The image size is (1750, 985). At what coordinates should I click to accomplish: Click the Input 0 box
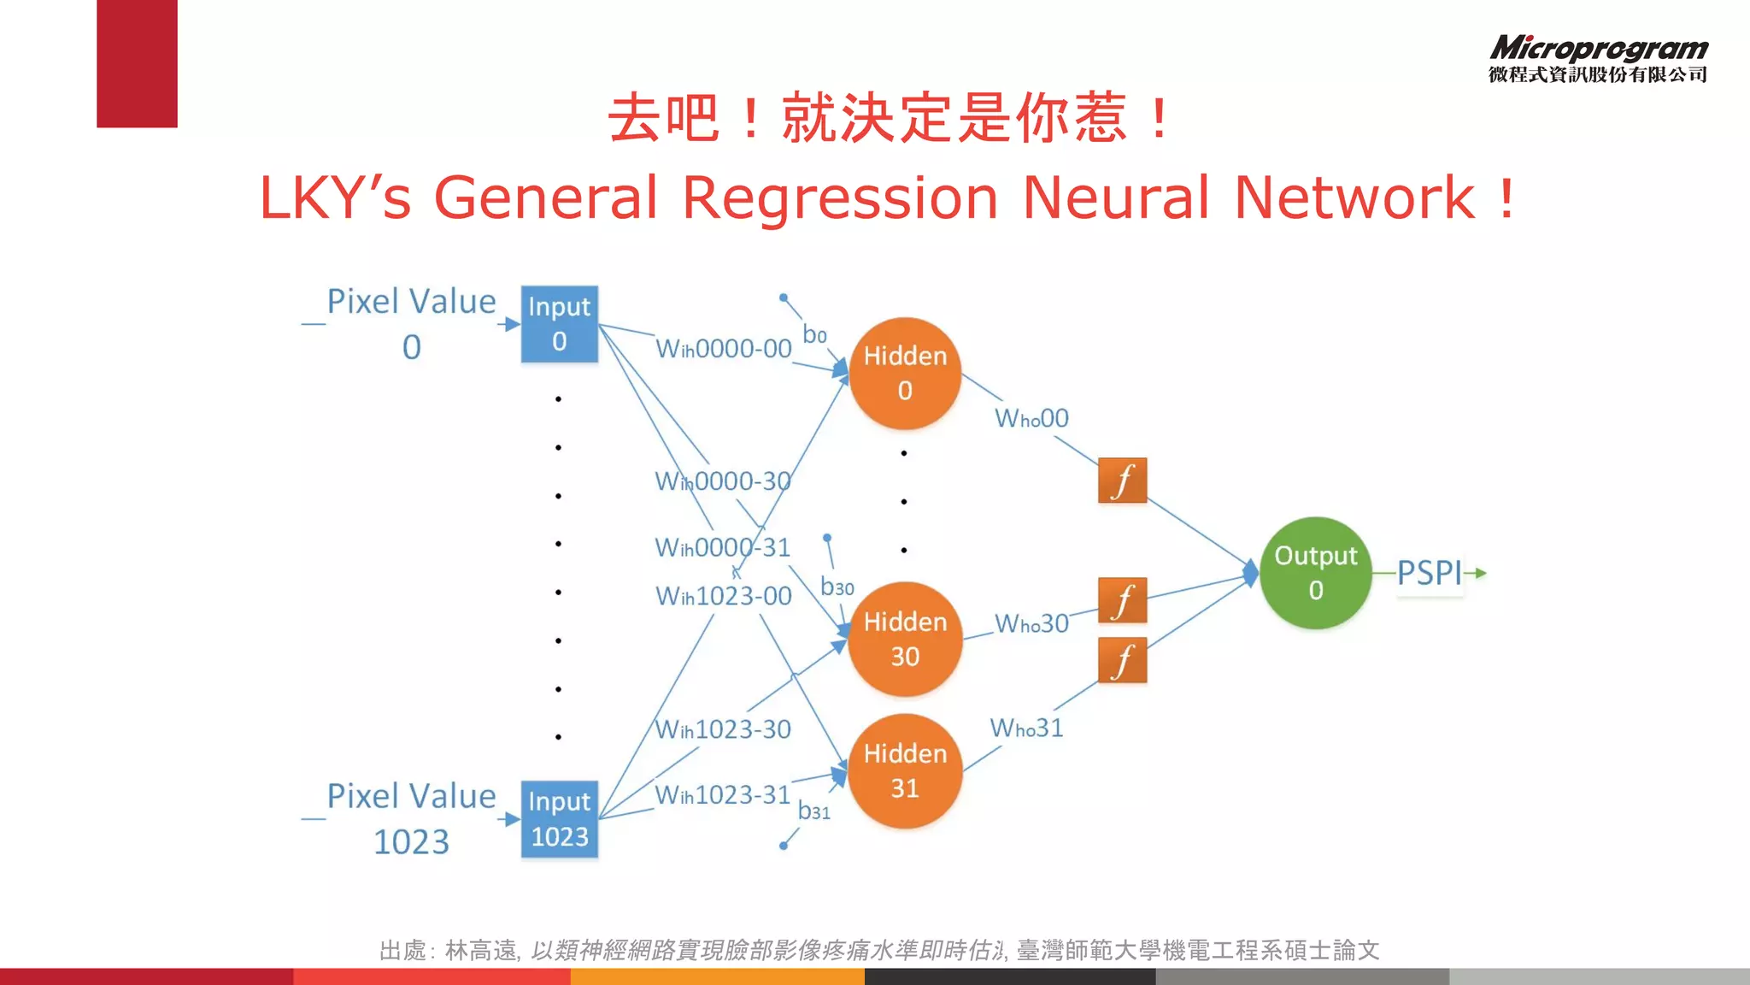(x=559, y=324)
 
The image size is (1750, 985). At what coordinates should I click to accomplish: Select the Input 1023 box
(x=559, y=818)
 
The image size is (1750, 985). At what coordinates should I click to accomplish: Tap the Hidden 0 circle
(x=905, y=374)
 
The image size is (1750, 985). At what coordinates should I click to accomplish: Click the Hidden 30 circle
(x=905, y=639)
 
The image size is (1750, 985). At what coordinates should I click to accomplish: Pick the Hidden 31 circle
(x=905, y=770)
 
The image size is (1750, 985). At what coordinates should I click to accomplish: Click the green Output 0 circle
(x=1315, y=573)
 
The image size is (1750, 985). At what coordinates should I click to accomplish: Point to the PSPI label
(x=1430, y=573)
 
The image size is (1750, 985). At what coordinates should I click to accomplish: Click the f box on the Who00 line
(x=1122, y=481)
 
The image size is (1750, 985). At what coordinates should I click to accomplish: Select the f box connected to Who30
(x=1122, y=600)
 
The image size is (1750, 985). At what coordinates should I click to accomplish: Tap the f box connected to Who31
(x=1122, y=660)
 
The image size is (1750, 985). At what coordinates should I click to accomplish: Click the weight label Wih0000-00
(x=723, y=349)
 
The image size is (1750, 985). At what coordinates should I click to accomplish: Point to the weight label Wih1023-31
(x=722, y=795)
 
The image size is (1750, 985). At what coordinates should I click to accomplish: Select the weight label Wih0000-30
(x=722, y=481)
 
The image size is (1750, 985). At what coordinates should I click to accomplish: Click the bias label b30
(x=837, y=587)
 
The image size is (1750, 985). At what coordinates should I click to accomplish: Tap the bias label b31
(x=813, y=811)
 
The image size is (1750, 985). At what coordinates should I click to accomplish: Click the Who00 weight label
(x=1031, y=419)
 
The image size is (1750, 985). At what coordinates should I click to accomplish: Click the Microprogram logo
(x=1598, y=58)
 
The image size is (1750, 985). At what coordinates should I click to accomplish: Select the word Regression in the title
(x=839, y=198)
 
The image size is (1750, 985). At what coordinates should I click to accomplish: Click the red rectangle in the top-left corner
(x=137, y=63)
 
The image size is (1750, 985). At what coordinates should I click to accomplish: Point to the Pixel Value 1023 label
(x=411, y=818)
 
